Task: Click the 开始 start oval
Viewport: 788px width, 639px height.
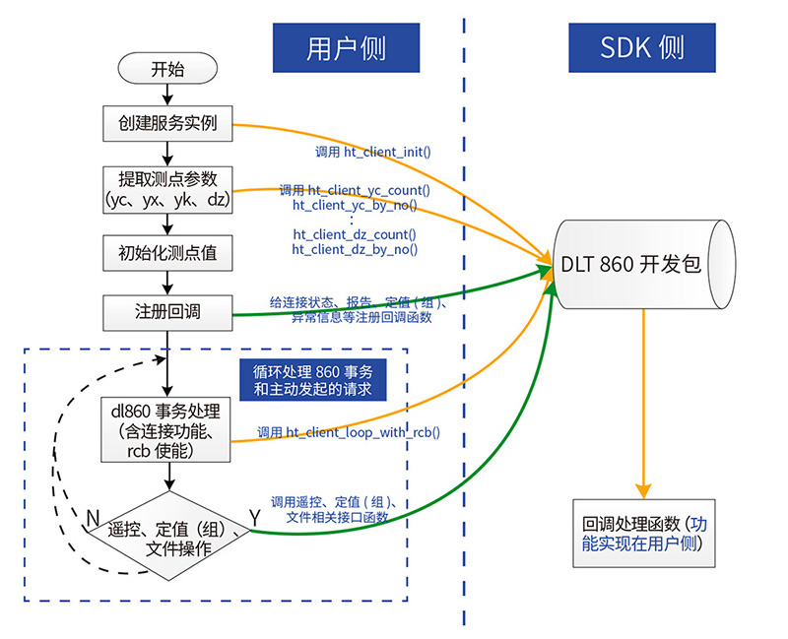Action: tap(166, 70)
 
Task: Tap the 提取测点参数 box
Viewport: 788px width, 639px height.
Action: tap(166, 189)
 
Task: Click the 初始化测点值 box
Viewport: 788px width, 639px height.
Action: tap(166, 253)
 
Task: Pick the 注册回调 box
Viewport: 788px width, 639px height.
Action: tap(166, 314)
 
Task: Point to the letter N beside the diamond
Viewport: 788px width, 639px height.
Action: tap(92, 516)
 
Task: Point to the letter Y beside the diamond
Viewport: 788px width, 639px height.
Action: tap(255, 515)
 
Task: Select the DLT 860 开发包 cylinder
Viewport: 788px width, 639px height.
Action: tap(642, 265)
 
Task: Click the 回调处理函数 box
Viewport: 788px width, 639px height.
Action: tap(643, 533)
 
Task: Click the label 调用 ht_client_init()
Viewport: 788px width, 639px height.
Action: tap(373, 154)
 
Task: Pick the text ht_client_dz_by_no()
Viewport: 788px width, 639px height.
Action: tap(355, 250)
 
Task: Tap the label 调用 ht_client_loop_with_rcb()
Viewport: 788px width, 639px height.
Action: tap(349, 432)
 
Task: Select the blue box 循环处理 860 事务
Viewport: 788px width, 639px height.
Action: tap(312, 379)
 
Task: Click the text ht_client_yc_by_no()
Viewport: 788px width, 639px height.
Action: tap(355, 206)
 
